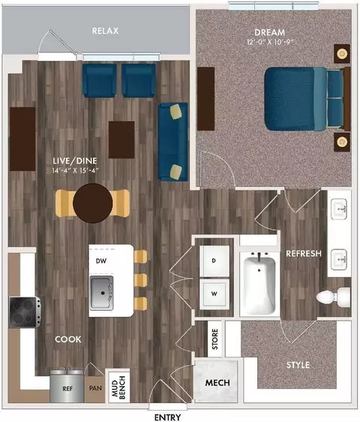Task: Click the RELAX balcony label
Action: [x=106, y=31]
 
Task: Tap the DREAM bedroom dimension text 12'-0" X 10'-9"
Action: [x=270, y=42]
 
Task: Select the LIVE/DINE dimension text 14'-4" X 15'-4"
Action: [x=76, y=170]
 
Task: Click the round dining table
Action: [x=92, y=203]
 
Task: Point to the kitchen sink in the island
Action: [x=101, y=293]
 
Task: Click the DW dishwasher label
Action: [x=101, y=261]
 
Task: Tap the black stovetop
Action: [x=25, y=312]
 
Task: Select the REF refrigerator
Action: [x=67, y=386]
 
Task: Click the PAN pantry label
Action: [x=95, y=388]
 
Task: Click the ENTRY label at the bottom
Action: [x=167, y=417]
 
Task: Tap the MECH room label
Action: [x=217, y=382]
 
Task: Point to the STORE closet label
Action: [x=214, y=339]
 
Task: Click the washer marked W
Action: [x=214, y=294]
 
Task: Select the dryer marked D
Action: [x=214, y=261]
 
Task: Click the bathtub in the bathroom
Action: [x=259, y=284]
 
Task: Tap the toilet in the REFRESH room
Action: [x=334, y=297]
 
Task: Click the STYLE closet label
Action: [x=298, y=365]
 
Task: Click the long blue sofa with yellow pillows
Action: [x=173, y=142]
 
